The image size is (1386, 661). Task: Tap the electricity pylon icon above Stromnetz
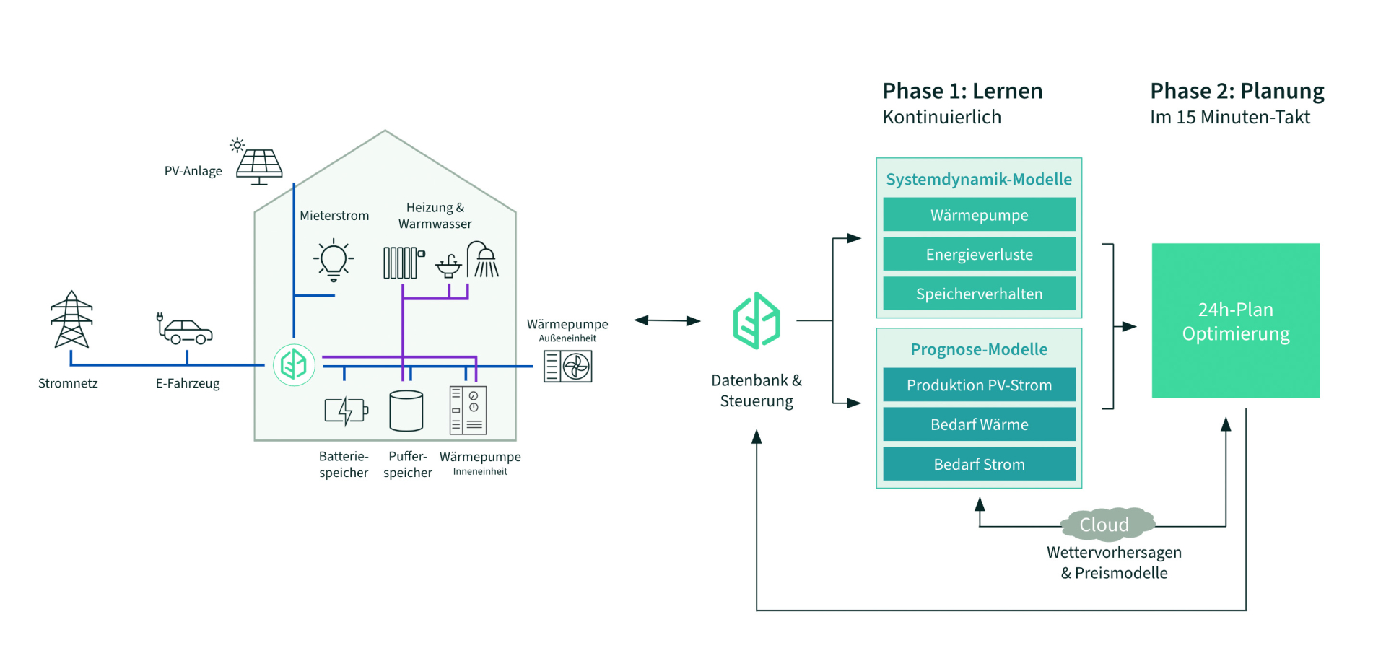pos(71,320)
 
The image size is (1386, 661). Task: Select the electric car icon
pos(186,330)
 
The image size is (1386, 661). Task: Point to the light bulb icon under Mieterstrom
pos(334,260)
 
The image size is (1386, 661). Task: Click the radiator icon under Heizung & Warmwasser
pos(402,262)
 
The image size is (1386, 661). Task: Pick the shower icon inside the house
pos(483,261)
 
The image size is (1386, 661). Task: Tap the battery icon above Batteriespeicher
pos(346,411)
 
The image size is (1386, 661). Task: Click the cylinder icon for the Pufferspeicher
pos(406,411)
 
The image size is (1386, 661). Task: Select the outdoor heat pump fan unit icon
pos(568,367)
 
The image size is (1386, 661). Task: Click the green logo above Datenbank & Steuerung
pos(756,320)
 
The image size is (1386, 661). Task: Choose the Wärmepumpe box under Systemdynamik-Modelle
pos(979,215)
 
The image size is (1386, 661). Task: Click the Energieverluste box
pos(979,254)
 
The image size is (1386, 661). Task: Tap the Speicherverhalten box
pos(979,294)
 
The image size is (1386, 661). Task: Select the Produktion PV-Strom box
pos(979,385)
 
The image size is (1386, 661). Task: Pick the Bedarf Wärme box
pos(979,424)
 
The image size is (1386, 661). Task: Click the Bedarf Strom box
pos(979,464)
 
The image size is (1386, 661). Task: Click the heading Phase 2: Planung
pos(1237,91)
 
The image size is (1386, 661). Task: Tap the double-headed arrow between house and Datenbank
pos(667,320)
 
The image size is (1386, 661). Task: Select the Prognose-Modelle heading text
pos(979,349)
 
